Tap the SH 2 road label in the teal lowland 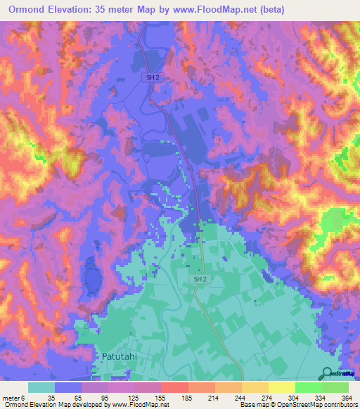pyautogui.click(x=200, y=279)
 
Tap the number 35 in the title pyautogui.click(x=109, y=9)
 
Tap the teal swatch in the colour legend pyautogui.click(x=41, y=387)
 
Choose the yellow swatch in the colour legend pyautogui.click(x=282, y=387)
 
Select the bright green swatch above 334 pyautogui.click(x=309, y=387)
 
